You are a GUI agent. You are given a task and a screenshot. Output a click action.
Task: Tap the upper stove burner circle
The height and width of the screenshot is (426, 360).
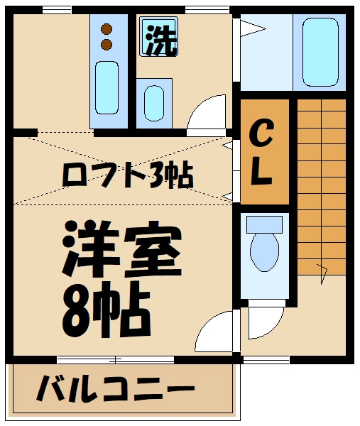[x=107, y=30]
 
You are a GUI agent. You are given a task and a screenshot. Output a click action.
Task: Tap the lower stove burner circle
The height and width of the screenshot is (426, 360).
[x=107, y=45]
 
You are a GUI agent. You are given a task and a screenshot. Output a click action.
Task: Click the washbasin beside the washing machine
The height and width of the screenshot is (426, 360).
[x=154, y=102]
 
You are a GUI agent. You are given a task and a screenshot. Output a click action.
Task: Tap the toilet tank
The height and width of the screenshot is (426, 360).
[x=264, y=224]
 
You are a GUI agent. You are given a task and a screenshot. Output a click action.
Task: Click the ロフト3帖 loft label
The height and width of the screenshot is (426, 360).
[x=128, y=175]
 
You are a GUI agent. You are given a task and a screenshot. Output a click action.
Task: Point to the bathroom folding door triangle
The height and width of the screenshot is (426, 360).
[x=250, y=28]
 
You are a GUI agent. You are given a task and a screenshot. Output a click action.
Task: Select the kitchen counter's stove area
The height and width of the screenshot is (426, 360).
[x=107, y=37]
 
